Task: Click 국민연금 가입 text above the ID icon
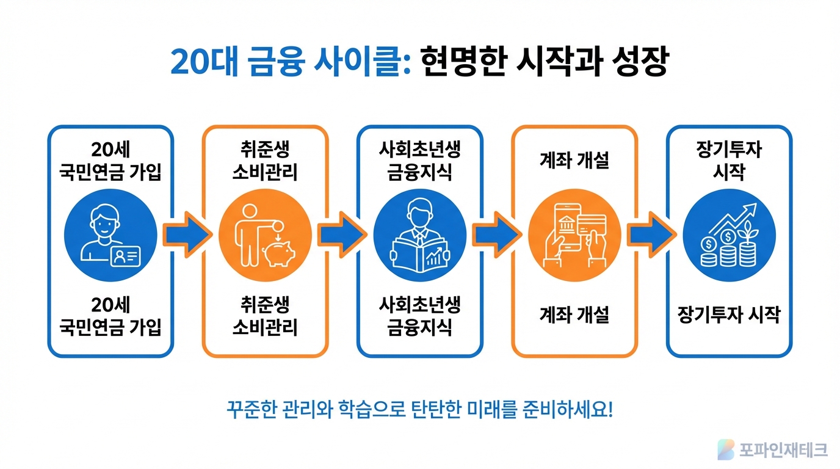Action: tap(110, 173)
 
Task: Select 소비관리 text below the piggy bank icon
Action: tap(265, 327)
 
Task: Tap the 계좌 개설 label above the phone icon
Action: tap(574, 161)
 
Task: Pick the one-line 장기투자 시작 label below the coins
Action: tap(729, 315)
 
